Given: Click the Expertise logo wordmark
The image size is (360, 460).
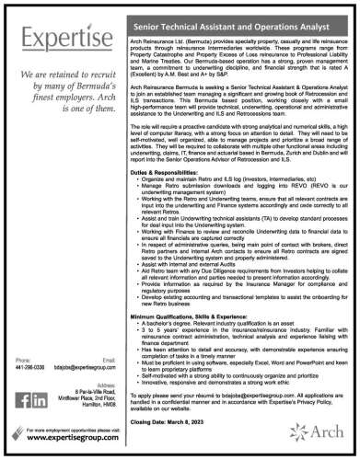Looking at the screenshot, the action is pyautogui.click(x=57, y=40).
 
